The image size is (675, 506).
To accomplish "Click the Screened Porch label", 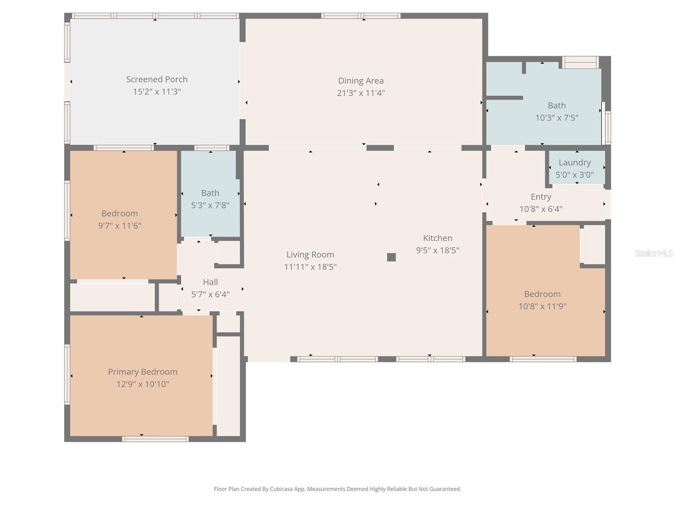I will pos(157,79).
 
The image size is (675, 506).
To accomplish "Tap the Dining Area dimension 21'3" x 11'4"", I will pos(361,93).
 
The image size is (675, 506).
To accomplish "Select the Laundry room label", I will pos(575,162).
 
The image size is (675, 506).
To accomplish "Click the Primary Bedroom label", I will pos(143,371).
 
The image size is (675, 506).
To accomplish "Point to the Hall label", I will pos(210,282).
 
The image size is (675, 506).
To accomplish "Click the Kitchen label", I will pos(437,238).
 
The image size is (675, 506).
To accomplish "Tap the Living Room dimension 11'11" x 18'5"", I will pos(310,266).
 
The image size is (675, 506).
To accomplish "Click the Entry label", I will pos(541,197).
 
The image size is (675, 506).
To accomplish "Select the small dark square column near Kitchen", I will pos(391,257).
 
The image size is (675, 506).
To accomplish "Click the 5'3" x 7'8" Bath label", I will pos(210,193).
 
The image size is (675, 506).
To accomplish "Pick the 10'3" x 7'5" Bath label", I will pos(556,105).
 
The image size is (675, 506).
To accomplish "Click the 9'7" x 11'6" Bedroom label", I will pos(119,213).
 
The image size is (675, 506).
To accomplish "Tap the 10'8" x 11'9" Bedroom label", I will pos(542,294).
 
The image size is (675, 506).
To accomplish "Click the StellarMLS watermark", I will pos(653,253).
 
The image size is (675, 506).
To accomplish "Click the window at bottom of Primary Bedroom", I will pos(155,439).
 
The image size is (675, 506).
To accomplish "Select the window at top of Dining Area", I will pos(361,16).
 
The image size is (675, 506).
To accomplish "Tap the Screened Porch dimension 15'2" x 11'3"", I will pos(157,92).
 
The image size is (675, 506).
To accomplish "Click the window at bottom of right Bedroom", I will pos(543,359).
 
